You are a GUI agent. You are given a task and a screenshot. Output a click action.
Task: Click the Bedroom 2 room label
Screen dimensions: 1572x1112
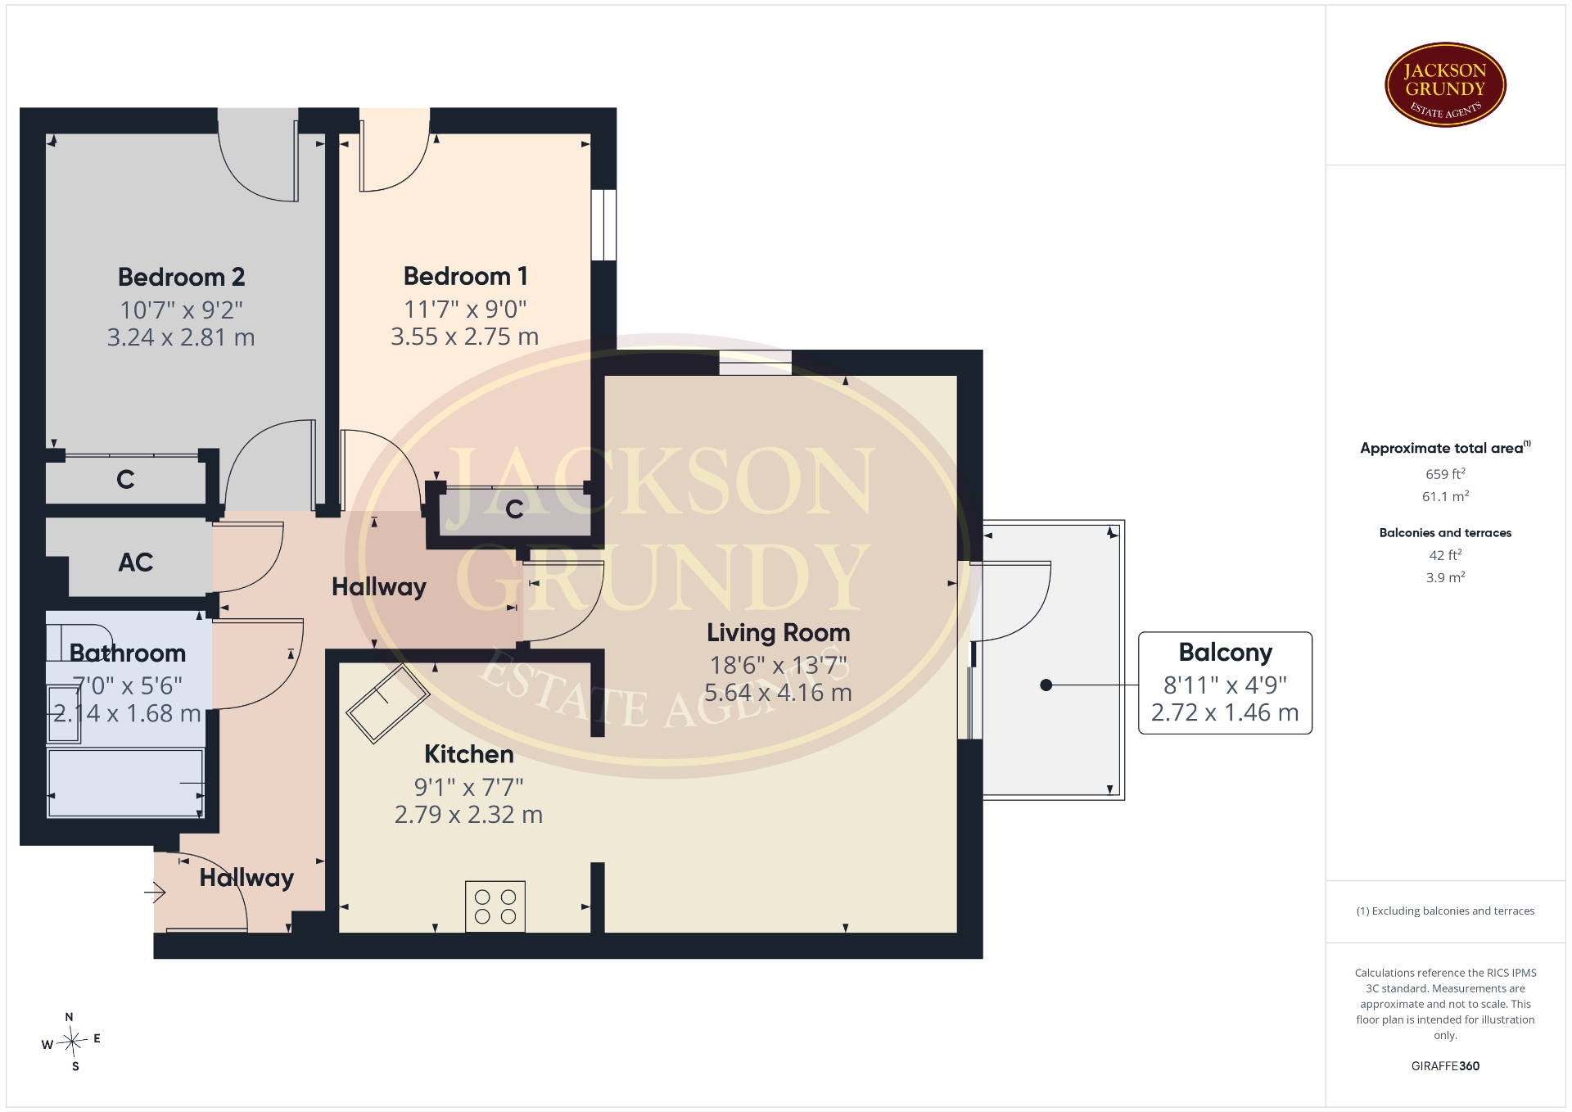pyautogui.click(x=181, y=277)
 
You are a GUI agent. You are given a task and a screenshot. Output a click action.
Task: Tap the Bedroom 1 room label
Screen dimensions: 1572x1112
pyautogui.click(x=465, y=276)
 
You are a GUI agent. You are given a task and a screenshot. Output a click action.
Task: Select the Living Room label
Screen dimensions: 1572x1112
pyautogui.click(x=778, y=632)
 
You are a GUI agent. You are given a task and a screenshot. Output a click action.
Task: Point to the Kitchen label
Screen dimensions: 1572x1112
pyautogui.click(x=468, y=754)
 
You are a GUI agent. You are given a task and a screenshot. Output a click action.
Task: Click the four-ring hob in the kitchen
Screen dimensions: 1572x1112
pyautogui.click(x=495, y=906)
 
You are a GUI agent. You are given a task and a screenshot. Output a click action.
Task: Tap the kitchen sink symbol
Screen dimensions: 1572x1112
pyautogui.click(x=387, y=703)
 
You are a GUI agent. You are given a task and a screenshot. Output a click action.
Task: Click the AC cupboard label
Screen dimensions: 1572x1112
pyautogui.click(x=135, y=563)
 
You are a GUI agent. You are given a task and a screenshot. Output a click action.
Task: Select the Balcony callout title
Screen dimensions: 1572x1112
pyautogui.click(x=1225, y=653)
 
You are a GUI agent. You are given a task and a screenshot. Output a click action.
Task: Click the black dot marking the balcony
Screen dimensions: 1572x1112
pyautogui.click(x=1046, y=685)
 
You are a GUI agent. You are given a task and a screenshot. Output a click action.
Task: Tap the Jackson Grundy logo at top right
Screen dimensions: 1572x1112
pyautogui.click(x=1445, y=85)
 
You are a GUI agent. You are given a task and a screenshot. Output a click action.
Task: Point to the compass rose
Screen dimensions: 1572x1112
pyautogui.click(x=72, y=1042)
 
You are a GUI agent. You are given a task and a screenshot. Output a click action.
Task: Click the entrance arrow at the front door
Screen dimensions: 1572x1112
pyautogui.click(x=156, y=892)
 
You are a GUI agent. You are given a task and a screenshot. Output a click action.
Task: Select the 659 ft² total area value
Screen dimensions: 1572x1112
pyautogui.click(x=1445, y=474)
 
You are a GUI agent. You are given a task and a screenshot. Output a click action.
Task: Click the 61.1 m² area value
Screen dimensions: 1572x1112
pyautogui.click(x=1445, y=496)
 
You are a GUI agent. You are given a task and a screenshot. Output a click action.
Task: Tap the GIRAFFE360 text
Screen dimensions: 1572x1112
pyautogui.click(x=1445, y=1066)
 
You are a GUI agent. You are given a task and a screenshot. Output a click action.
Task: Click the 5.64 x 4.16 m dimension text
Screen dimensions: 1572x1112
pyautogui.click(x=778, y=693)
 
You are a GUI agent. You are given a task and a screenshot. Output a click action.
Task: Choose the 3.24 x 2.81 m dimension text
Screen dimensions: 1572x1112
pyautogui.click(x=181, y=337)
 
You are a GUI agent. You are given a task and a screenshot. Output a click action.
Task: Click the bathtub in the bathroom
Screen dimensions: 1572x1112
pyautogui.click(x=125, y=783)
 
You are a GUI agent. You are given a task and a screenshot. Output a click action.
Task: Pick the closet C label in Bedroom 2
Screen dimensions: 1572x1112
pyautogui.click(x=125, y=479)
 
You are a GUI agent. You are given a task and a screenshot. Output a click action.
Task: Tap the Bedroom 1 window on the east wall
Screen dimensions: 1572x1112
pyautogui.click(x=603, y=225)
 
